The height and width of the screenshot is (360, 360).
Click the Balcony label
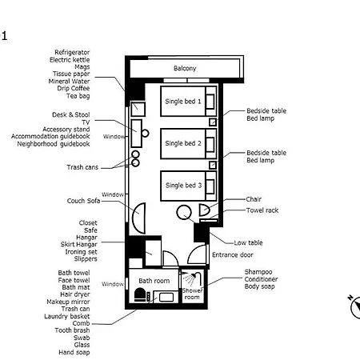pos(185,68)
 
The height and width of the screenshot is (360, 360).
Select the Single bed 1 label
pos(183,102)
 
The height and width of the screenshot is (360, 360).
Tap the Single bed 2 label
pos(183,143)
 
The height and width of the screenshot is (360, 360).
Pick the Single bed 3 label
pos(183,186)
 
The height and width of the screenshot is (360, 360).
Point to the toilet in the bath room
pos(140,294)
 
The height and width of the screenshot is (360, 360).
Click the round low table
pos(184,212)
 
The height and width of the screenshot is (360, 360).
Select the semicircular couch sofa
pos(139,218)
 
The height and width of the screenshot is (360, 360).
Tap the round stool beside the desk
pos(145,133)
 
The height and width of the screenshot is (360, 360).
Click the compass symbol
pos(354,306)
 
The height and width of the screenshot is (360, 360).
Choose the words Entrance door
pos(233,255)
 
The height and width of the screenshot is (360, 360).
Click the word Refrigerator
pos(72,52)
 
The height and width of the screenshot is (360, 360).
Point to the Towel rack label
pos(262,210)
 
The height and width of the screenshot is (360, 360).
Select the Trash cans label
pos(82,167)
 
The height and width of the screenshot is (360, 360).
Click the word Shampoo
pos(258,272)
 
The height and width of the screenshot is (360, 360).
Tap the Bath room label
pos(154,281)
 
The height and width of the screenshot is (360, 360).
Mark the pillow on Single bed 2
pos(210,144)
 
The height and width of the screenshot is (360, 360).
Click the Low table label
pos(248,243)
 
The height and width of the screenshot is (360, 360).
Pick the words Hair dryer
pos(75,294)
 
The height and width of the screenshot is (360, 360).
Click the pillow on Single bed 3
pos(210,186)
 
